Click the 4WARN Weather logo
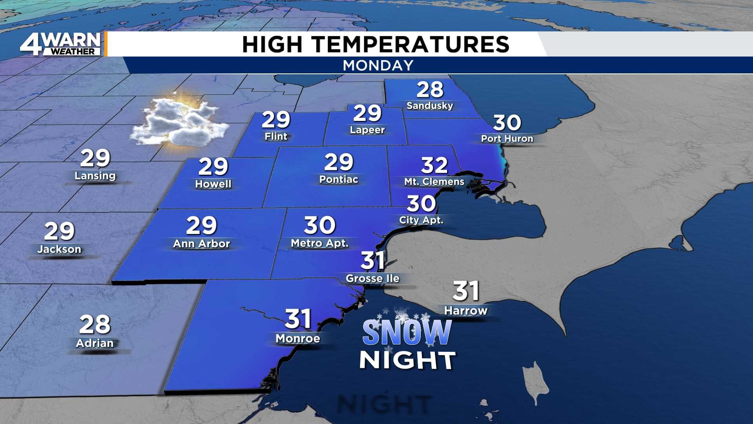tap(61, 44)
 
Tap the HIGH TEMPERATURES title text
tap(376, 44)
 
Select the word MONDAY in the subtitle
tap(378, 65)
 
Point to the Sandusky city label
tap(430, 106)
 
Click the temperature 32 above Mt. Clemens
tap(434, 165)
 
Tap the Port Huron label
tap(507, 139)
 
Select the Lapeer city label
tap(367, 130)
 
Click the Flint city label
tap(276, 136)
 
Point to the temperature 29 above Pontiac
tap(339, 162)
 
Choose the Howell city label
tap(213, 184)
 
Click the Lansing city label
tap(95, 175)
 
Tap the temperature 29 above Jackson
tap(59, 231)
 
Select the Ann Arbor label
tap(202, 244)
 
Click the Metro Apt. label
tap(320, 243)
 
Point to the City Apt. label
tap(421, 220)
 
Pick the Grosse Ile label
tap(373, 278)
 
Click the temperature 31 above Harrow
tap(466, 291)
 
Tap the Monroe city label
tap(298, 338)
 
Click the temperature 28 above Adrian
tap(95, 324)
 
